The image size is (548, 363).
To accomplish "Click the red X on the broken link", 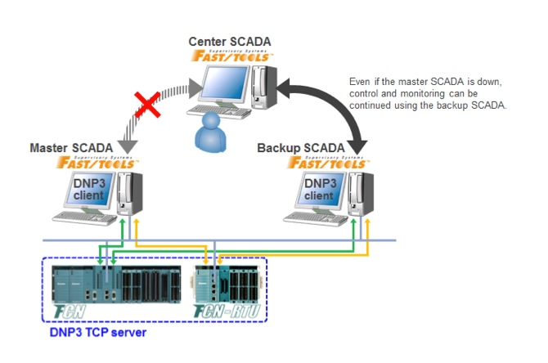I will (x=147, y=106).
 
